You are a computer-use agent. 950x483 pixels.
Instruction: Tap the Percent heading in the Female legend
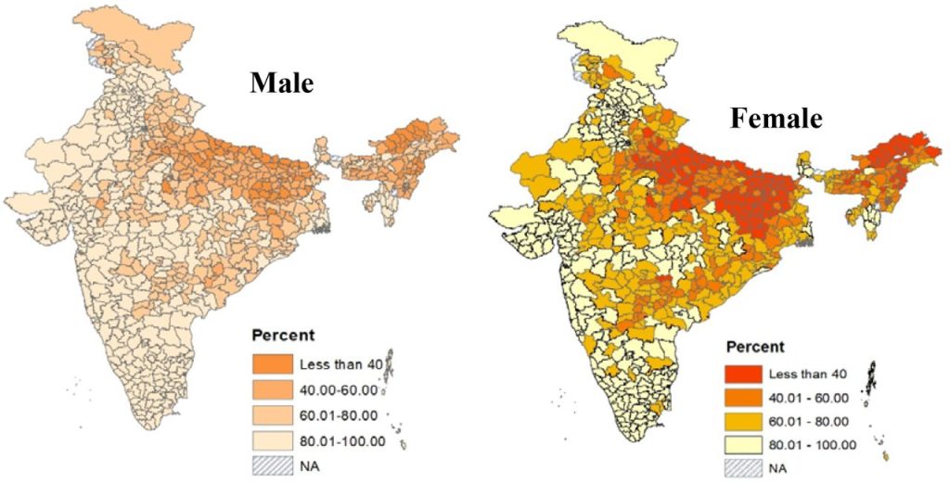[x=755, y=347]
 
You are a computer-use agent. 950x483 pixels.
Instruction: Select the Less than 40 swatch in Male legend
[x=271, y=362]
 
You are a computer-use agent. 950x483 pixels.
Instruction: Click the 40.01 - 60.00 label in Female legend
[x=808, y=399]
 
